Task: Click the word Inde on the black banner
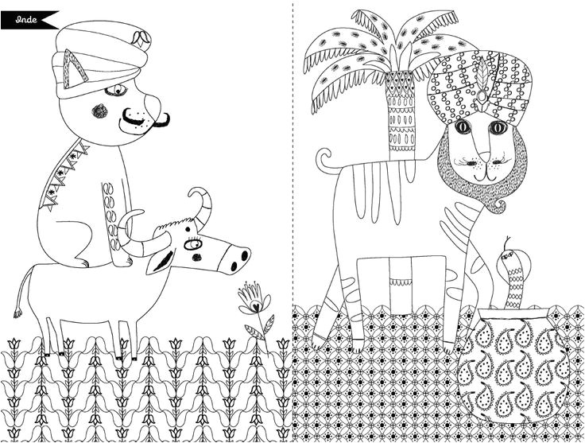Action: [x=26, y=20]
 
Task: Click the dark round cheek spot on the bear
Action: [x=99, y=111]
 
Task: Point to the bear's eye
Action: [x=117, y=90]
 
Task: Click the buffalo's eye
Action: [x=193, y=244]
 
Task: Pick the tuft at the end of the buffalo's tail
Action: [x=17, y=313]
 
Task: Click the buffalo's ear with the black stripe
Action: [x=161, y=260]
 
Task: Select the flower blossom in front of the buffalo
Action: [x=254, y=299]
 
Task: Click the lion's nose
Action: [x=485, y=157]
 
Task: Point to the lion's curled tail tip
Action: [x=323, y=157]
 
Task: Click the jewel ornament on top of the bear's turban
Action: [x=141, y=39]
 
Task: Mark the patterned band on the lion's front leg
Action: [x=401, y=282]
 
